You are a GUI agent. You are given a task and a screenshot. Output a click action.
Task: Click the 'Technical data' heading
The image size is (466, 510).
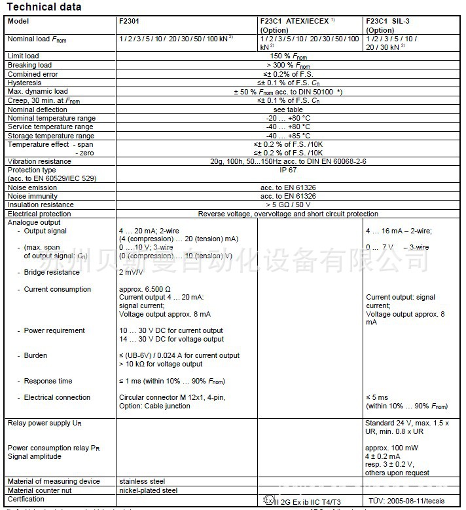click(x=44, y=7)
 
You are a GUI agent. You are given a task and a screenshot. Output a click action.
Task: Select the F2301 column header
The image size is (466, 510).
click(x=129, y=21)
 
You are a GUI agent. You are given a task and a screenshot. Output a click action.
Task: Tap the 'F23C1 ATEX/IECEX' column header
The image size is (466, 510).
click(x=295, y=21)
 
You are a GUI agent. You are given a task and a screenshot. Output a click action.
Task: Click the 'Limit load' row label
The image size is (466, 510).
click(x=23, y=56)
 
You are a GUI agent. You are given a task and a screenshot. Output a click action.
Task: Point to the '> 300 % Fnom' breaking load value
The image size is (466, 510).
click(x=289, y=66)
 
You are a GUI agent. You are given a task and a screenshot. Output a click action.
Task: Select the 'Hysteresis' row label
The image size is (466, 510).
click(x=24, y=83)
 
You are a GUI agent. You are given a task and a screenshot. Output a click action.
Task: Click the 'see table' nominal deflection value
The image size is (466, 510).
click(x=288, y=109)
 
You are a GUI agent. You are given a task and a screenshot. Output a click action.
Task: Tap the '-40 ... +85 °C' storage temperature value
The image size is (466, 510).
click(x=289, y=136)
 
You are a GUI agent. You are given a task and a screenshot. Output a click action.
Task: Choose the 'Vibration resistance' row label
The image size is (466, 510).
click(x=39, y=161)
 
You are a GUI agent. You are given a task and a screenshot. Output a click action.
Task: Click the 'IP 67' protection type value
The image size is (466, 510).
click(x=289, y=170)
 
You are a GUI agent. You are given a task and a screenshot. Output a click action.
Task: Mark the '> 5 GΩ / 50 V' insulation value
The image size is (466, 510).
click(x=288, y=205)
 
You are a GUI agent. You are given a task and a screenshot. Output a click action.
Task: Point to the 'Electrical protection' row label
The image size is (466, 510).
click(x=39, y=214)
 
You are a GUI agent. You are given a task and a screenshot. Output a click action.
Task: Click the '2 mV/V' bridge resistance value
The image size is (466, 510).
click(x=131, y=272)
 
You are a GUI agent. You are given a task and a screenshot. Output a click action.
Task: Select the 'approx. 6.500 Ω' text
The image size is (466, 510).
click(x=145, y=289)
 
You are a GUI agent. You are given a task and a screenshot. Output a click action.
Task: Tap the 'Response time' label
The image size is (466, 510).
click(x=48, y=381)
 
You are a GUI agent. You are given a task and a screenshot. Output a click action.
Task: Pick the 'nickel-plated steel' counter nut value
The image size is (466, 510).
click(x=148, y=490)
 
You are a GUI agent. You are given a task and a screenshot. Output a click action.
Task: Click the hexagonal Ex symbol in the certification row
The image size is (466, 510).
click(x=268, y=500)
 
